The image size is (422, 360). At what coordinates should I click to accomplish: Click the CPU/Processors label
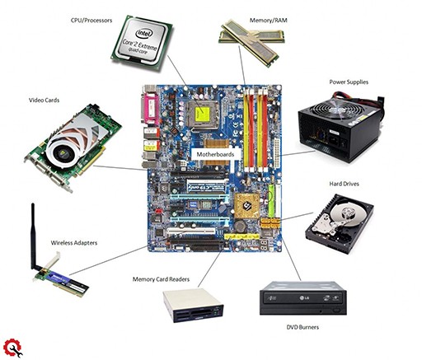pos(91,21)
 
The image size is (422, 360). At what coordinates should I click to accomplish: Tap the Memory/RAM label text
pos(268,21)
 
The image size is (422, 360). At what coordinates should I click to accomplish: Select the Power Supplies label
pos(349,82)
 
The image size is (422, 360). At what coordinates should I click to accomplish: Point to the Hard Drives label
pos(344,184)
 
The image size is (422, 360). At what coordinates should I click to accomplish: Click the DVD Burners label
pos(302,327)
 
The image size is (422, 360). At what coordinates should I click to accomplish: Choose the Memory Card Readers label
pos(161,279)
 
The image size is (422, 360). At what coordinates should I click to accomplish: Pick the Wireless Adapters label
pos(74,243)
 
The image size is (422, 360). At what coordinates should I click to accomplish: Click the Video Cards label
pos(44,101)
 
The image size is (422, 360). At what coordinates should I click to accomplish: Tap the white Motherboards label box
pos(215,154)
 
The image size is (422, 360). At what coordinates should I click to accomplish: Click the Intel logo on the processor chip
pos(144,34)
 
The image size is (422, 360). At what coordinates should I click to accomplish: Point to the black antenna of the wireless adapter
pos(34,236)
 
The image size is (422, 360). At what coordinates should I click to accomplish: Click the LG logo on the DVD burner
pos(302,298)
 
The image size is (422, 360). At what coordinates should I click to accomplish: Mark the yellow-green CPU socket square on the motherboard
pos(203,114)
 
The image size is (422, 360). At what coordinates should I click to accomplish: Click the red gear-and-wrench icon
pos(13,348)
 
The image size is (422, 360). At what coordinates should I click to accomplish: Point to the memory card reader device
pos(194,306)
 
